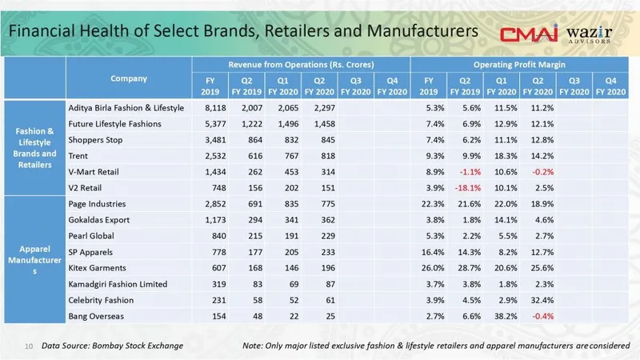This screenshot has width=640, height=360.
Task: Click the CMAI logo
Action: tap(529, 34)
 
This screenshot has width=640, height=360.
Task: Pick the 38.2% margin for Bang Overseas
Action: tap(502, 316)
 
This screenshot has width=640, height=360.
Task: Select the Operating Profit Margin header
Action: tap(522, 63)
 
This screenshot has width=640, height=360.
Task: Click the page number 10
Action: tap(28, 346)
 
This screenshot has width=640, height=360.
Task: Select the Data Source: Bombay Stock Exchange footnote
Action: tap(113, 345)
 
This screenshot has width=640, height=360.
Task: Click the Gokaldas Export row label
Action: tap(101, 220)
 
